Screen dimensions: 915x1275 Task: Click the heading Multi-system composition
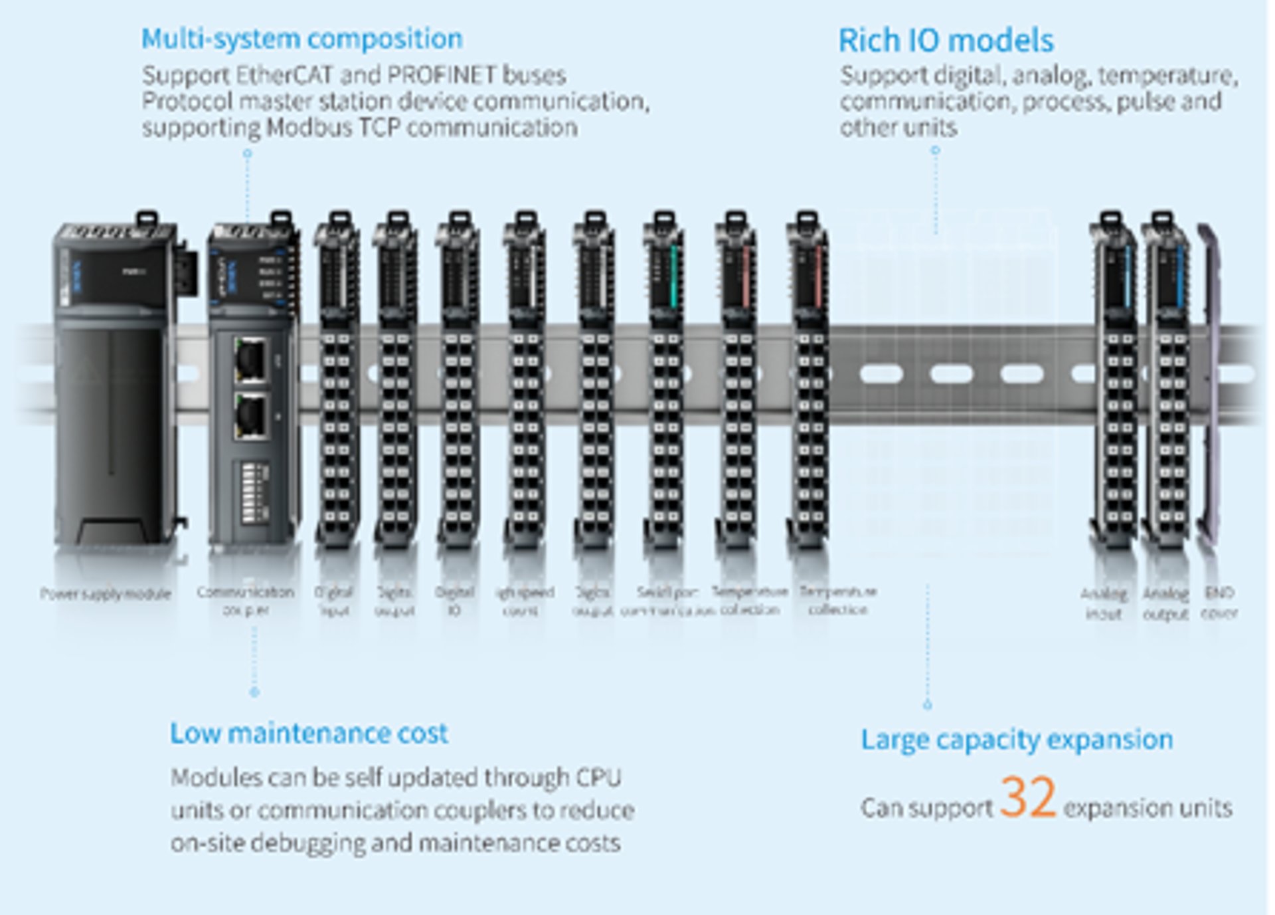pyautogui.click(x=301, y=39)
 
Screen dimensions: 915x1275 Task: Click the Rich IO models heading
pyautogui.click(x=946, y=41)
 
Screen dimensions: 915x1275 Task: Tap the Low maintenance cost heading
pyautogui.click(x=309, y=734)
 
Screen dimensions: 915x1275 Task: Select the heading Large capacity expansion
pyautogui.click(x=1017, y=740)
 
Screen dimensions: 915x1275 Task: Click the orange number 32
pyautogui.click(x=1027, y=797)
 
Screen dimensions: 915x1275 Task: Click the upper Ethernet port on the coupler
pyautogui.click(x=251, y=359)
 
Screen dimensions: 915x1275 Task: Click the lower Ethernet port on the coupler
pyautogui.click(x=252, y=416)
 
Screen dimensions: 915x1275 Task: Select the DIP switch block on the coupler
pyautogui.click(x=252, y=492)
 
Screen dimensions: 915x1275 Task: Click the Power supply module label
pyautogui.click(x=106, y=593)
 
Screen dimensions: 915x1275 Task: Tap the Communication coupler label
pyautogui.click(x=246, y=600)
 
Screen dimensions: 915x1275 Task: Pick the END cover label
pyautogui.click(x=1219, y=602)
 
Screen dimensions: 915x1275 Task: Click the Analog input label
pyautogui.click(x=1104, y=603)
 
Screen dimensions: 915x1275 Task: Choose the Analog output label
pyautogui.click(x=1165, y=603)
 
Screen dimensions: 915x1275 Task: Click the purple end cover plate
pyautogui.click(x=1209, y=385)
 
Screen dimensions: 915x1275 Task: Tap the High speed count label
pyautogui.click(x=524, y=600)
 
